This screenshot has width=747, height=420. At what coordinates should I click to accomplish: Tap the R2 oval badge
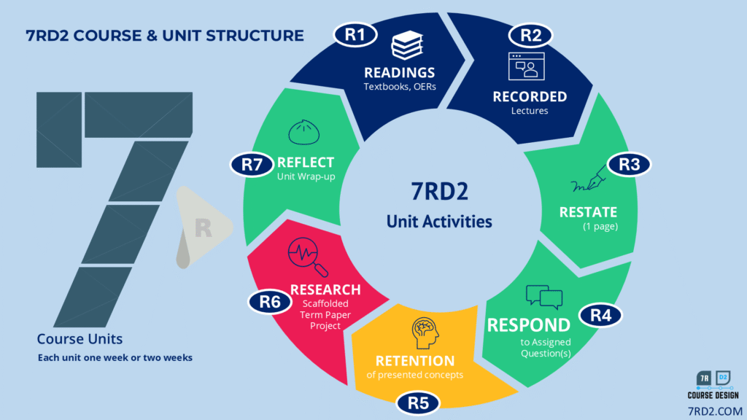[530, 34]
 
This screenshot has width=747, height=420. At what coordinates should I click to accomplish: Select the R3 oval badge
[628, 165]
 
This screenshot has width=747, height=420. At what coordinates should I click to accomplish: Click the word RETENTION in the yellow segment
[415, 361]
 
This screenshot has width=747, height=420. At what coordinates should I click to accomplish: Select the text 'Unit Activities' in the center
[438, 221]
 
